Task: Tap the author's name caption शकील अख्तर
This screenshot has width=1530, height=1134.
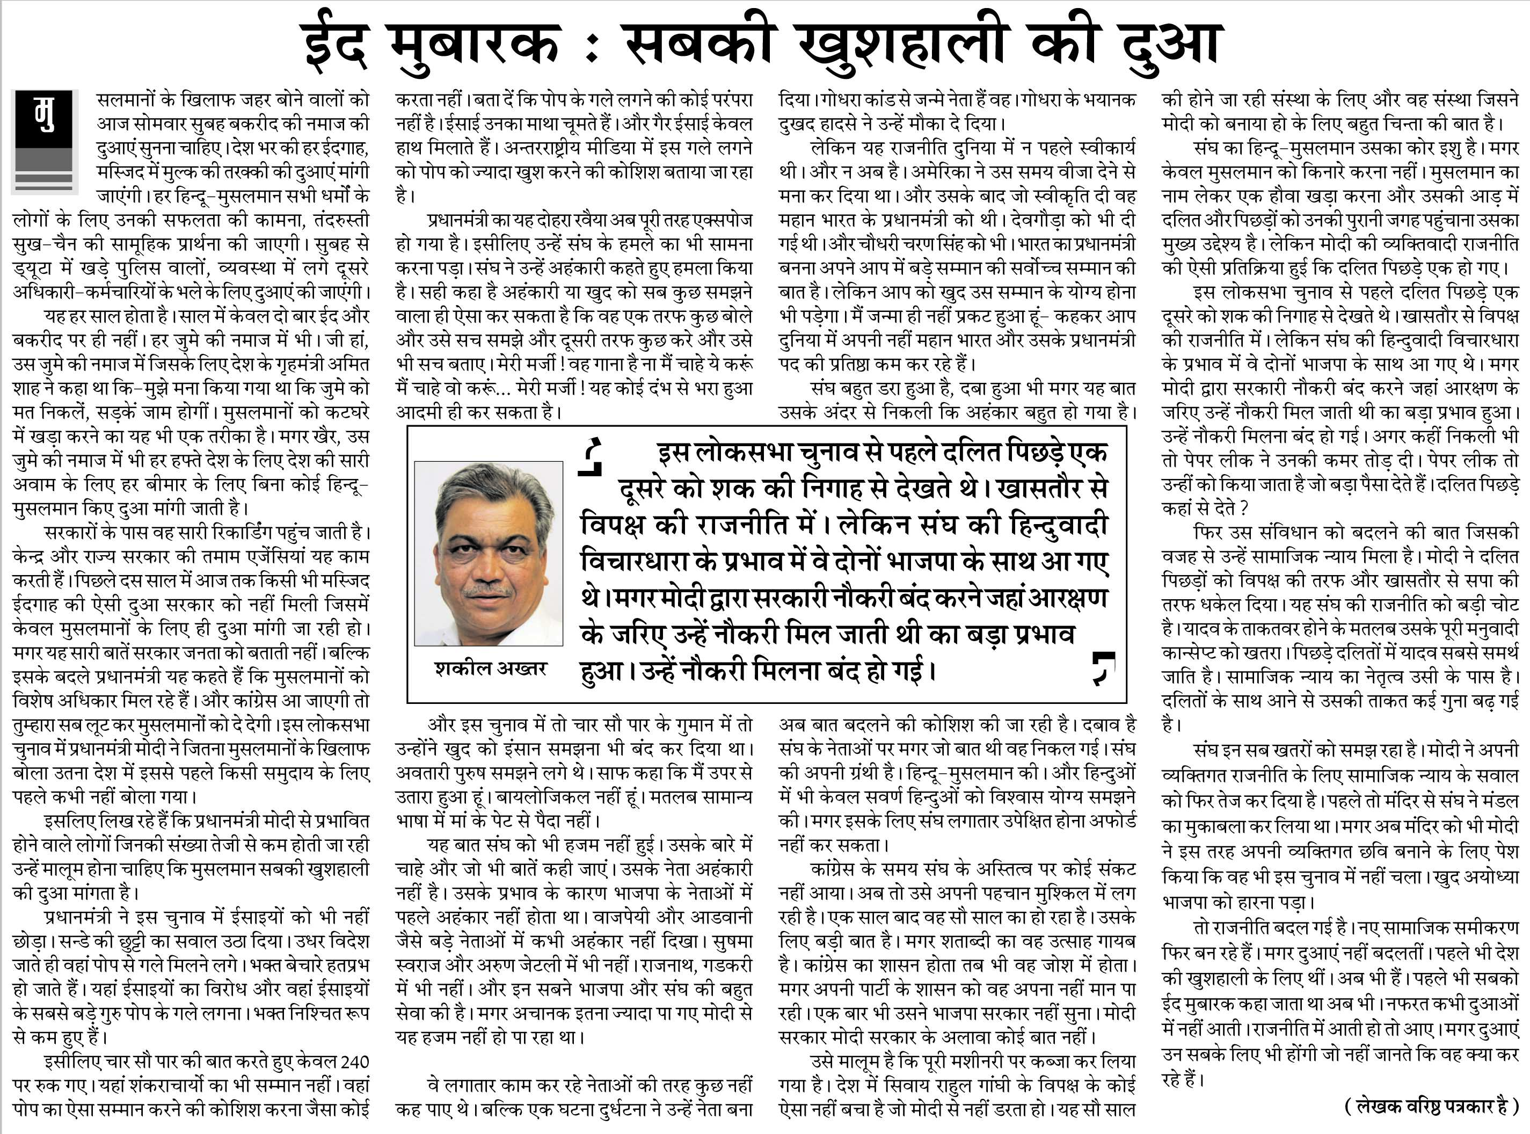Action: (490, 667)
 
